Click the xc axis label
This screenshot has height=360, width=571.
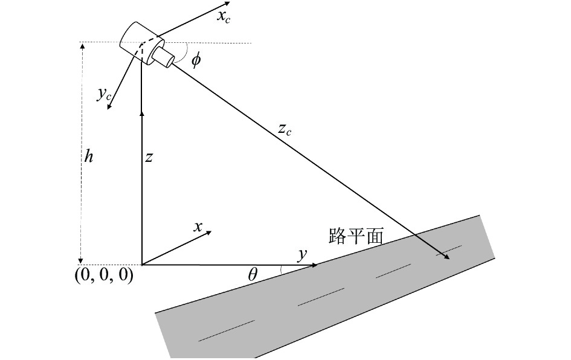(x=223, y=17)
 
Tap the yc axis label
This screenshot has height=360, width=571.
(x=104, y=94)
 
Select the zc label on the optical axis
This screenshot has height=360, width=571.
(x=285, y=130)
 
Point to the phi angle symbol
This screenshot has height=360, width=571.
(x=196, y=59)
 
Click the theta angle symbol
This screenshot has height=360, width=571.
(x=253, y=275)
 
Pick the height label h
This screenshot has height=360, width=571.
(x=88, y=156)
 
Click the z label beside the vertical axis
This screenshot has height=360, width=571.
(x=148, y=158)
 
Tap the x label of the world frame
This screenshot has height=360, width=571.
(x=198, y=227)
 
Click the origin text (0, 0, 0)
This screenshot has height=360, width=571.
(x=104, y=275)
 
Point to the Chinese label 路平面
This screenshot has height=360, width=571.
(x=355, y=236)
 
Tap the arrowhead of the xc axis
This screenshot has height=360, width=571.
(x=227, y=4)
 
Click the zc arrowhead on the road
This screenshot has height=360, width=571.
(x=447, y=257)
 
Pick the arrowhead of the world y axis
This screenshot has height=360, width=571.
(x=314, y=265)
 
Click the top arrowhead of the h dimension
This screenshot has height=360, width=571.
(x=82, y=45)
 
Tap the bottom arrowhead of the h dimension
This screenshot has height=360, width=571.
(x=82, y=262)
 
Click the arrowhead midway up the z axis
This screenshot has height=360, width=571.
(x=141, y=114)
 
